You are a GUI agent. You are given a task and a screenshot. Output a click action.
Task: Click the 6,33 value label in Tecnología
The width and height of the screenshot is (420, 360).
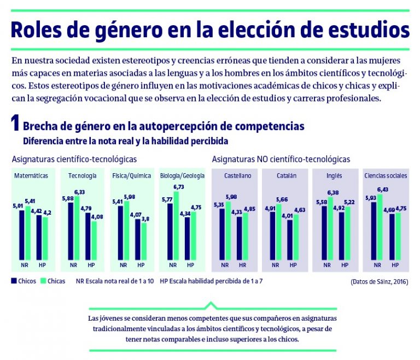(x=80, y=192)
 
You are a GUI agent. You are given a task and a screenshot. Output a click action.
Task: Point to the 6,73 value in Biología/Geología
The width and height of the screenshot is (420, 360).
(x=179, y=187)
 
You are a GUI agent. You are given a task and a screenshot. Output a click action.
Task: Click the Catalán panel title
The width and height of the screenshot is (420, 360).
(x=286, y=176)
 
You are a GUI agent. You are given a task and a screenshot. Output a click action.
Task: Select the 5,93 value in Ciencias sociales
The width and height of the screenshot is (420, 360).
(x=370, y=198)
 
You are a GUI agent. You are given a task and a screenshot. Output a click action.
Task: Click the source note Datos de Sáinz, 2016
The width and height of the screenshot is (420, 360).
(x=379, y=282)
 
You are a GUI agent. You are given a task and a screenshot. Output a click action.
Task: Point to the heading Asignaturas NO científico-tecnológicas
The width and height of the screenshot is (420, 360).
(x=281, y=160)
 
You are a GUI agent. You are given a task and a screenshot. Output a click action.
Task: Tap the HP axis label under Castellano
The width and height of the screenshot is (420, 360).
(x=242, y=265)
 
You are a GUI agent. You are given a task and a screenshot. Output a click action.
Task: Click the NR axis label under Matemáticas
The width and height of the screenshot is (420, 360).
(x=25, y=265)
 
